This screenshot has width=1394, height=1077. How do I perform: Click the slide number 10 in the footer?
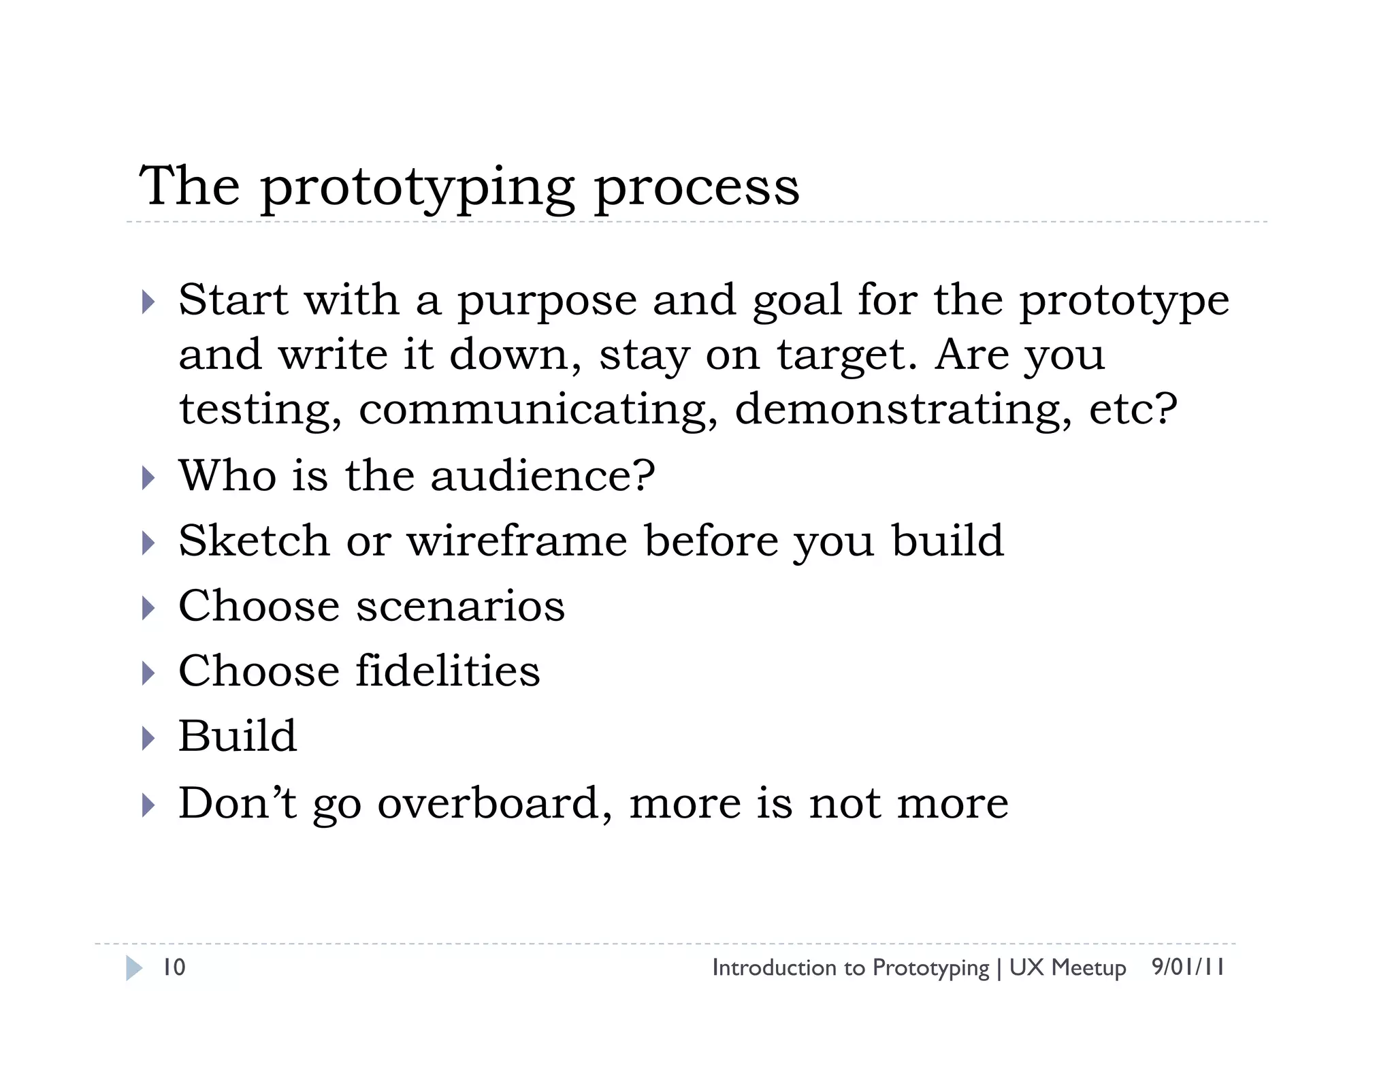pos(174,967)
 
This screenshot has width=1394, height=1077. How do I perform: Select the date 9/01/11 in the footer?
pos(1188,967)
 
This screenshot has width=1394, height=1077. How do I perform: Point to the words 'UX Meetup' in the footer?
pos(1067,967)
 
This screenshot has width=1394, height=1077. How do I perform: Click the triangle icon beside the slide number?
pos(134,968)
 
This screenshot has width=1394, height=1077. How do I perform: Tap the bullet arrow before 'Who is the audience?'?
pos(148,477)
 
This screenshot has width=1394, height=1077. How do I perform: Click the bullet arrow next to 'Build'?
pos(148,738)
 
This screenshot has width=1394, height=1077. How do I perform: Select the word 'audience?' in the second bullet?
pos(542,475)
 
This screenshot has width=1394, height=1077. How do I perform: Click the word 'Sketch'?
pos(254,541)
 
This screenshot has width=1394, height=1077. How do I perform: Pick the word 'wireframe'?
pos(517,541)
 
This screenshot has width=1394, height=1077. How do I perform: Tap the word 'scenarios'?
pos(460,606)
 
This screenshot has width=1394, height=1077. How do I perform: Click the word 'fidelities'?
pos(447,671)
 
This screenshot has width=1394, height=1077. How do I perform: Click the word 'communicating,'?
pos(538,410)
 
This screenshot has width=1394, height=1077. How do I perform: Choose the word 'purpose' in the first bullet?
pos(547,302)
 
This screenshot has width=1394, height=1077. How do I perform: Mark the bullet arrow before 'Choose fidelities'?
pos(148,673)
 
